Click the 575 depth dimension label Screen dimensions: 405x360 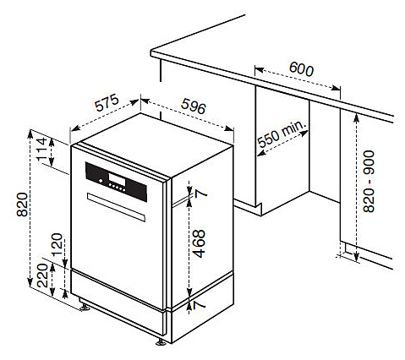(107, 103)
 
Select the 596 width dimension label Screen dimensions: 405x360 (194, 106)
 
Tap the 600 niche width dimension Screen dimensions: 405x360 (301, 68)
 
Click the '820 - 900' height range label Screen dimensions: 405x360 (369, 182)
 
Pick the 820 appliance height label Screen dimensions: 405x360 (22, 205)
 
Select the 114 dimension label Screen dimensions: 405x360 (42, 149)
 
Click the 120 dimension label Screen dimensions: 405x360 (57, 244)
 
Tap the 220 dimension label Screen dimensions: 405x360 (42, 275)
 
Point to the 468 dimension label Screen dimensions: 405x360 (200, 244)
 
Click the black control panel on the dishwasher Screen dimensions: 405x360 (116, 182)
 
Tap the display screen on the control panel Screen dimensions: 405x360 (117, 179)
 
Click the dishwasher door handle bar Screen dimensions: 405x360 (116, 207)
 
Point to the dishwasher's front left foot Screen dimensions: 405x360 (84, 306)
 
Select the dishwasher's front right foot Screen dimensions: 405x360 (161, 341)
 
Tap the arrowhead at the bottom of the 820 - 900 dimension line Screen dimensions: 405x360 (356, 256)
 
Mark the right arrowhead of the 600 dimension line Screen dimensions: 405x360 (336, 88)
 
